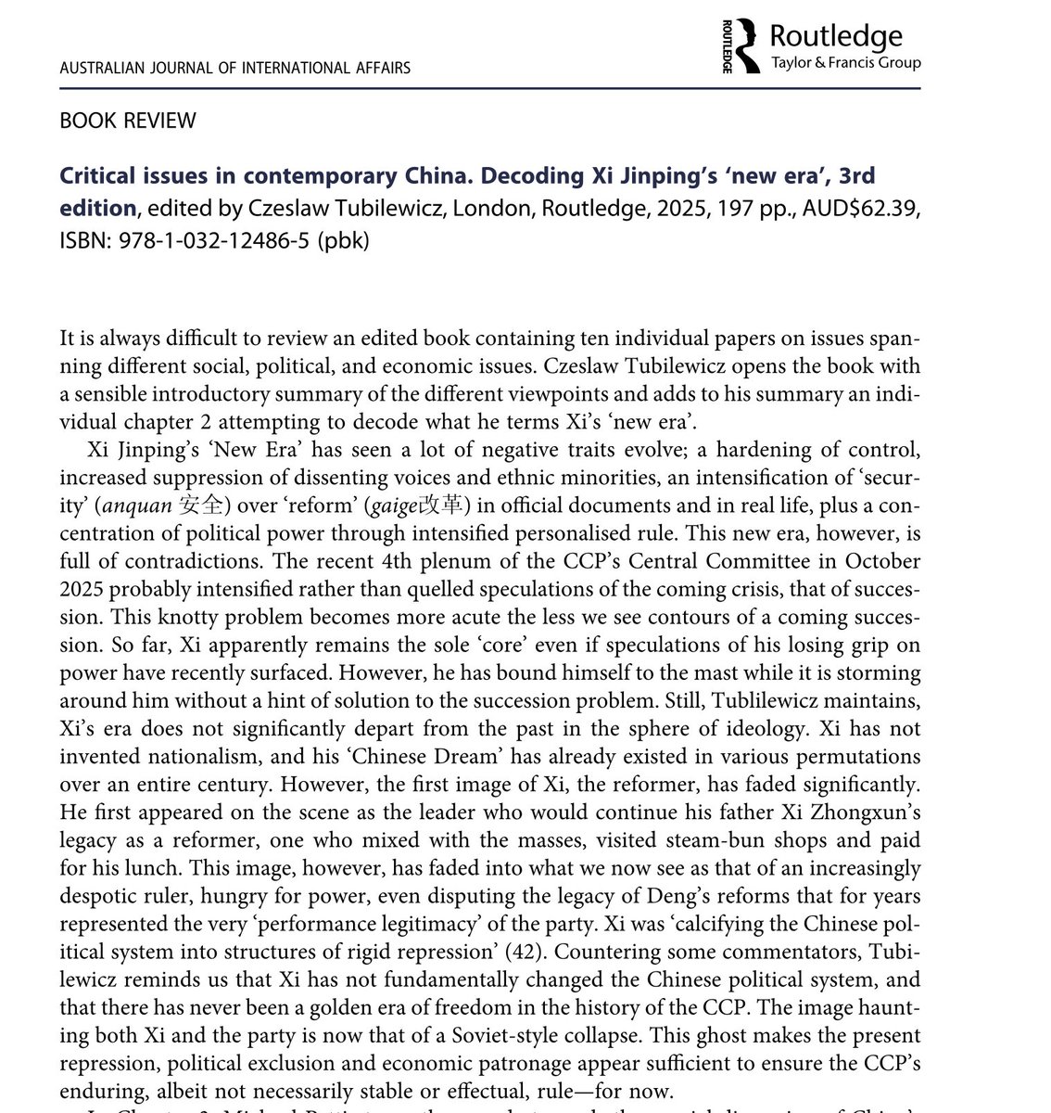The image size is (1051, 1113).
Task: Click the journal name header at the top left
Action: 234,68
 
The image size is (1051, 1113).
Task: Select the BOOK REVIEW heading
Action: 127,121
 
